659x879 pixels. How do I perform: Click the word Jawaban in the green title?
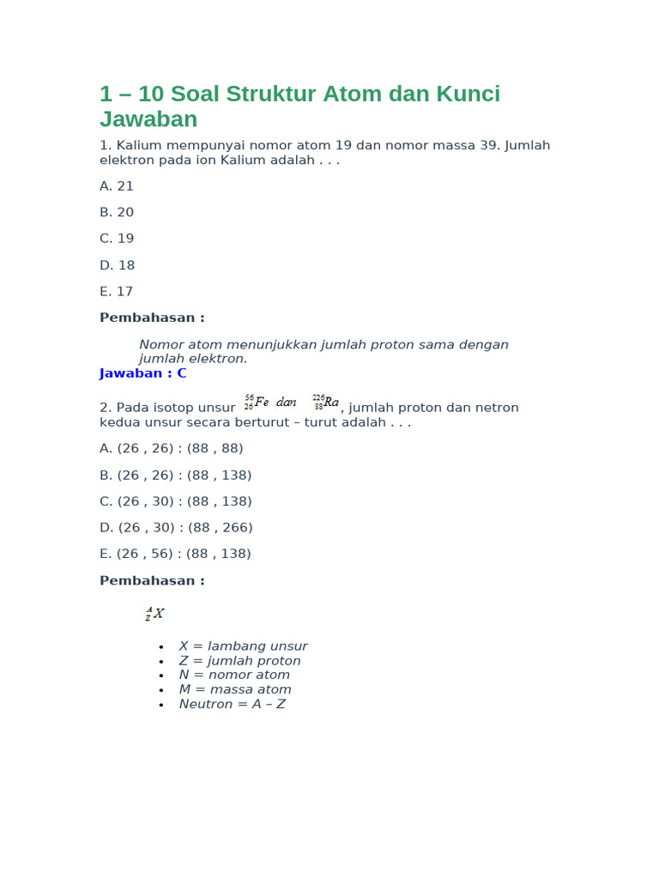point(148,119)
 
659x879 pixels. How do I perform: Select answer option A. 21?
point(117,186)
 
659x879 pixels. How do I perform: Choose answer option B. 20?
point(117,213)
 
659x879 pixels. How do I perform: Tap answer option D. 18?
point(117,265)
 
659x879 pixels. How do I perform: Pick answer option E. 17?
point(117,292)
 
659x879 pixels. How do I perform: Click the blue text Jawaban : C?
point(142,373)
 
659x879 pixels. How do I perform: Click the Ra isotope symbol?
point(325,402)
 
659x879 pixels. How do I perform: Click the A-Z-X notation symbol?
point(154,614)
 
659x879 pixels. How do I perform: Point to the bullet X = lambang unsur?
point(243,646)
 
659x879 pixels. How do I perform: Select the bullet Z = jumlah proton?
point(239,661)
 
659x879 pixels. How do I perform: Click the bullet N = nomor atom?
point(234,675)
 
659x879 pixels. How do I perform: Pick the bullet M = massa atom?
point(235,689)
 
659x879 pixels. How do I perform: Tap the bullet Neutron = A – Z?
point(232,704)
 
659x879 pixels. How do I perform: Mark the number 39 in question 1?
point(488,146)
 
